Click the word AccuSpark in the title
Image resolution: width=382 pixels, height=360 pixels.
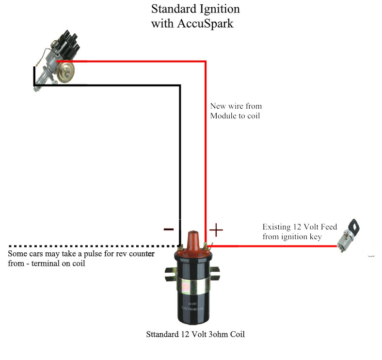(x=206, y=24)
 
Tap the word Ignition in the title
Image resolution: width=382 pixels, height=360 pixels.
(x=220, y=9)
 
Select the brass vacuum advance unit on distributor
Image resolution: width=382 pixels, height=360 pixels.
(x=65, y=72)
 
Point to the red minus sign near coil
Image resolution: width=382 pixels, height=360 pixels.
(x=169, y=229)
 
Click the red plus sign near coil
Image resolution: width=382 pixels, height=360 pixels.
(x=216, y=230)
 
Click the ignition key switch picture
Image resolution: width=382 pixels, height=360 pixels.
(x=349, y=235)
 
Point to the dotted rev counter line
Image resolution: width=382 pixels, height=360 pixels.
(x=94, y=246)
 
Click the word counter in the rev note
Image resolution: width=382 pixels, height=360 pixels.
(x=142, y=254)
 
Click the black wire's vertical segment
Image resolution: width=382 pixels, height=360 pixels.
(x=180, y=165)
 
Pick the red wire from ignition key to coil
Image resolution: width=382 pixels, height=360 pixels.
(x=272, y=246)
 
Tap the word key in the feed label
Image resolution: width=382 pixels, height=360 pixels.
(x=316, y=237)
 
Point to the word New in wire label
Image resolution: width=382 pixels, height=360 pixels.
(x=218, y=106)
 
